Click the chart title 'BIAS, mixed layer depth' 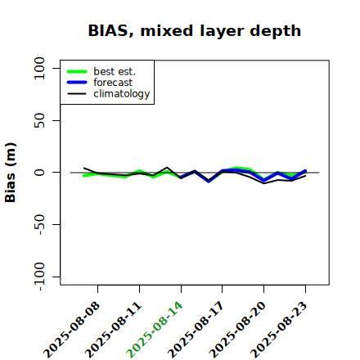click(x=195, y=31)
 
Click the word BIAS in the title click(x=108, y=31)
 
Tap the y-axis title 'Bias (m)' click(x=11, y=173)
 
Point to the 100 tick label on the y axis click(x=39, y=68)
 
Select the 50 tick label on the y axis click(x=39, y=120)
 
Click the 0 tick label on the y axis click(x=39, y=173)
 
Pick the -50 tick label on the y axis click(x=40, y=224)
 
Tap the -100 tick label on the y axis click(x=40, y=277)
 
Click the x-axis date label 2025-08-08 click(x=71, y=330)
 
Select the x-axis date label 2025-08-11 click(x=113, y=330)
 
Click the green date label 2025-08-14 click(x=155, y=330)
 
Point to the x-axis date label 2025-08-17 click(x=196, y=330)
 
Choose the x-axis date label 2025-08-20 click(x=237, y=330)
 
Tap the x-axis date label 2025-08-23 click(x=279, y=330)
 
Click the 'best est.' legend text click(x=115, y=71)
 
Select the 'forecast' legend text click(x=113, y=83)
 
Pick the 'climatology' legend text click(x=122, y=94)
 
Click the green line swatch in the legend click(x=77, y=71)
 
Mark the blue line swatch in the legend click(x=77, y=83)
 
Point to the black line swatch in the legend click(x=77, y=93)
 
